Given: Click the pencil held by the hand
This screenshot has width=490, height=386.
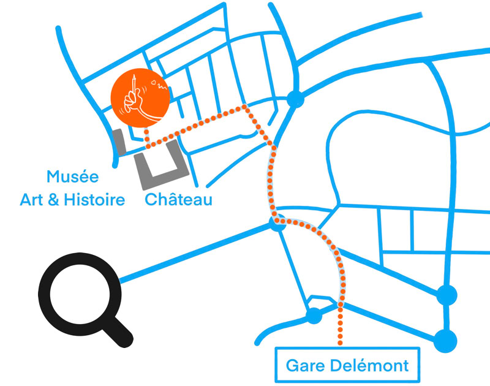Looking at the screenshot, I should click(134, 85).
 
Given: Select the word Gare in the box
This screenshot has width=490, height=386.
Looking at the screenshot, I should click(304, 366).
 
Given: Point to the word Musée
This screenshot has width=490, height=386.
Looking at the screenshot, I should click(72, 178).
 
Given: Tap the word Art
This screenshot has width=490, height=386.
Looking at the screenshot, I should click(33, 200).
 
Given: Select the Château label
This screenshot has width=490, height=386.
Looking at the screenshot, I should click(178, 200).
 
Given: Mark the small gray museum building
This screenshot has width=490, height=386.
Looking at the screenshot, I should click(119, 142).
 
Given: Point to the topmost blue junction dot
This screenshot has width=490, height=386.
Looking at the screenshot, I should click(296, 99).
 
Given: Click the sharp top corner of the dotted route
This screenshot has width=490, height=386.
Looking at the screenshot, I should click(246, 107).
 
